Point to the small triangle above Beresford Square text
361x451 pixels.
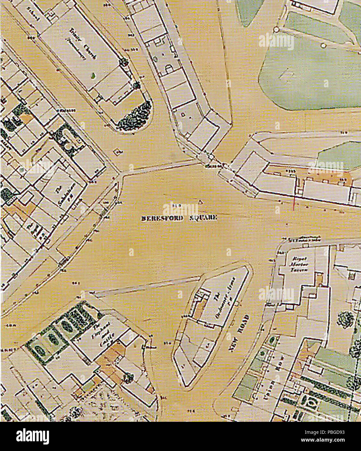[200, 202]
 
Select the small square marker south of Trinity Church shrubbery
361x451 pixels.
[117, 151]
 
